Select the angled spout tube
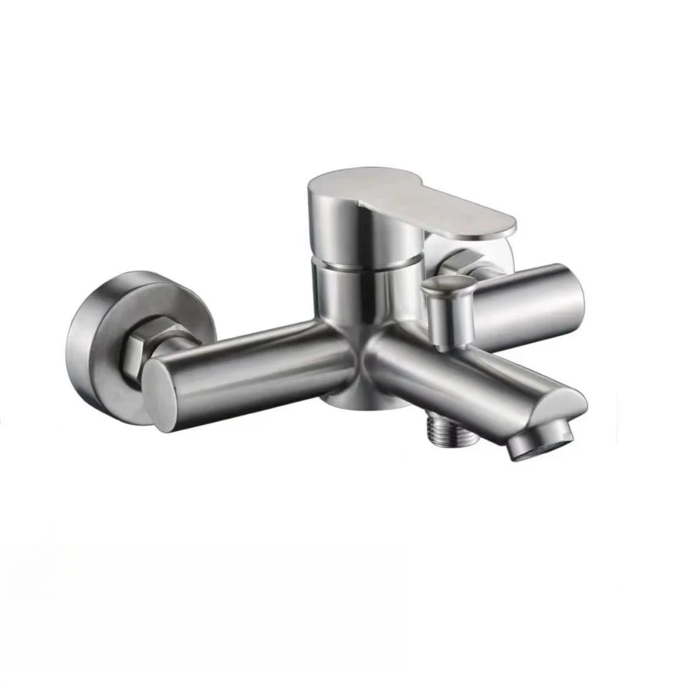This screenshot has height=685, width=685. pos(457,375)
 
